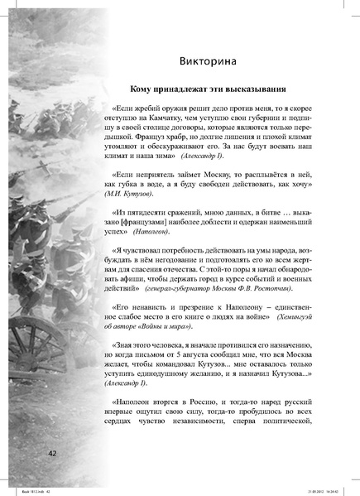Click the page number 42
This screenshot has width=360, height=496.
click(x=51, y=453)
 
